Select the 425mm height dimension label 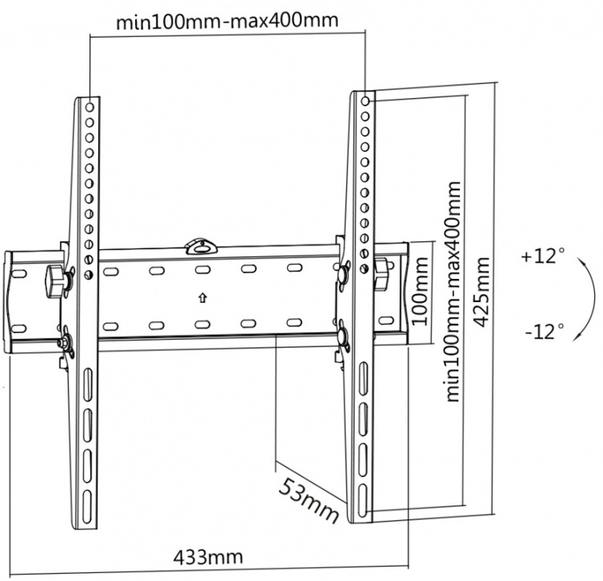coord(482,290)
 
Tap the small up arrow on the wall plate coord(202,297)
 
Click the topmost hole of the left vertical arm coord(89,105)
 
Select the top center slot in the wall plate coord(202,269)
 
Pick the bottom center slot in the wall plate coord(202,325)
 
